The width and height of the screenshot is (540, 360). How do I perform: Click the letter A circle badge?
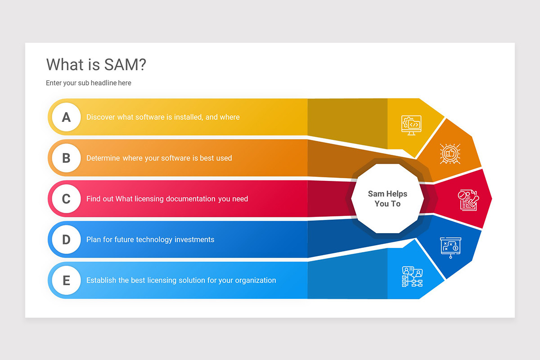(66, 117)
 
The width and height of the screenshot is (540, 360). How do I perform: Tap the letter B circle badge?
(66, 158)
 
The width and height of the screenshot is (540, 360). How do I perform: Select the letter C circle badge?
(66, 199)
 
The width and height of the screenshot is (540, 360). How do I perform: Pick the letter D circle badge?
(66, 239)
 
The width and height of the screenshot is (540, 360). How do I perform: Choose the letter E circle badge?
(66, 280)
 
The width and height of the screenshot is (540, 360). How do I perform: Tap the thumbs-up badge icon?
(450, 154)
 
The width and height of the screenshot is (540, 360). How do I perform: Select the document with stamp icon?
(468, 199)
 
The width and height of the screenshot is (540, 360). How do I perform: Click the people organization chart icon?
(412, 276)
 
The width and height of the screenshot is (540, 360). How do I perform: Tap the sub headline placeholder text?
(89, 83)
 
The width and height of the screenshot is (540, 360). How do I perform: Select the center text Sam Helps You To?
(387, 198)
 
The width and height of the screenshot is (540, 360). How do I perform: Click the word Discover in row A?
(101, 117)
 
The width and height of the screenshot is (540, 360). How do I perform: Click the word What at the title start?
(65, 65)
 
